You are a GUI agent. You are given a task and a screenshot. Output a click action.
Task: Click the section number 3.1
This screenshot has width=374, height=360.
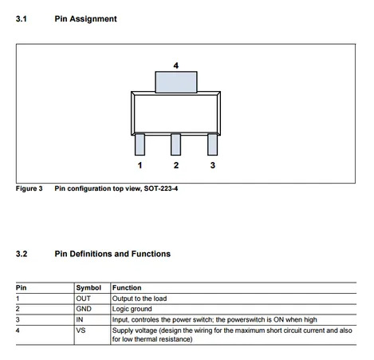click(22, 19)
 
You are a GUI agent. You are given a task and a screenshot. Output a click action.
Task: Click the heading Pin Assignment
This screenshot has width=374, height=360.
click(85, 19)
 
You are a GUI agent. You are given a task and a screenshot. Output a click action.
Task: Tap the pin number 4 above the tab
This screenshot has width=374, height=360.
click(176, 65)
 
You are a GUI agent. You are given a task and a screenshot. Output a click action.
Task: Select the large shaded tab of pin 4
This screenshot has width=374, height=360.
click(176, 82)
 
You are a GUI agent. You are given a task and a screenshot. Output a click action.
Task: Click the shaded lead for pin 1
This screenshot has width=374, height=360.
click(140, 144)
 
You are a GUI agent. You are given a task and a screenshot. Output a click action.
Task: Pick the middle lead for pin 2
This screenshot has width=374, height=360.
click(175, 144)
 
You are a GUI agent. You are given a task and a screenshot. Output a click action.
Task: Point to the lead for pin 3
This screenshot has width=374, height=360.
click(212, 144)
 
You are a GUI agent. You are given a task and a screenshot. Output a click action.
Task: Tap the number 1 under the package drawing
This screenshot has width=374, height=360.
click(140, 165)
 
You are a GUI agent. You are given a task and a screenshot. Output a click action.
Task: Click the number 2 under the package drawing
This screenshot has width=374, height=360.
click(176, 165)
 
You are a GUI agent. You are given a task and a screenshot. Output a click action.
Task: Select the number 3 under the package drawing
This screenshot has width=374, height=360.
click(213, 165)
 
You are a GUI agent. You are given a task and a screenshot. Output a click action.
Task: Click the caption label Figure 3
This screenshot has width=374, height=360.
click(29, 188)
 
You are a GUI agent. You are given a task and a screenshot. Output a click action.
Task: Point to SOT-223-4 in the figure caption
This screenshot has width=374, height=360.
click(161, 188)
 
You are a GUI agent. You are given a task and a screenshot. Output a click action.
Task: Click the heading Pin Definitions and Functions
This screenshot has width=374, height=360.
click(112, 254)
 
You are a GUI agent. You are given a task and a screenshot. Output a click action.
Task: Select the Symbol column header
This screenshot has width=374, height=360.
click(89, 287)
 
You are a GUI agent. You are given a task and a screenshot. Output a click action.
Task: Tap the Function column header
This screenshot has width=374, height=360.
click(127, 287)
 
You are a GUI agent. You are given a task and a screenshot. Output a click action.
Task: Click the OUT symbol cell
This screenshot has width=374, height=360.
click(83, 299)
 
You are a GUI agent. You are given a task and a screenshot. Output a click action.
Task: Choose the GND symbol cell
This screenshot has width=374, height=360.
click(84, 309)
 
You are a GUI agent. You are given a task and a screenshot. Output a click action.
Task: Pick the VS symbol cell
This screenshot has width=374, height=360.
click(81, 330)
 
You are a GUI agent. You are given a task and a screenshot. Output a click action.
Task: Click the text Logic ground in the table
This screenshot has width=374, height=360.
click(132, 309)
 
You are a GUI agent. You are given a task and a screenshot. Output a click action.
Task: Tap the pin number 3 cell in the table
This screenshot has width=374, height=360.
click(18, 319)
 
